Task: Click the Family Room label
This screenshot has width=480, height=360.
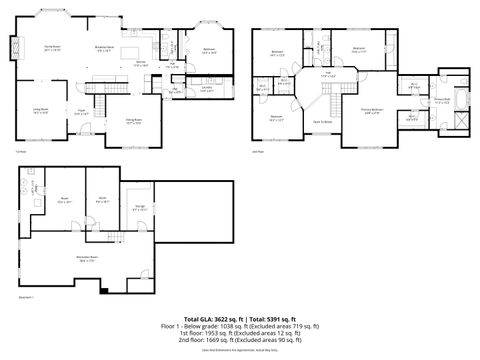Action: (52, 48)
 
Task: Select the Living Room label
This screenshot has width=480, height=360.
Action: (42, 111)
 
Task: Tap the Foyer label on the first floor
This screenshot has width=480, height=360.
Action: (81, 114)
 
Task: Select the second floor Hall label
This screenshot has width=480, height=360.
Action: (329, 73)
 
